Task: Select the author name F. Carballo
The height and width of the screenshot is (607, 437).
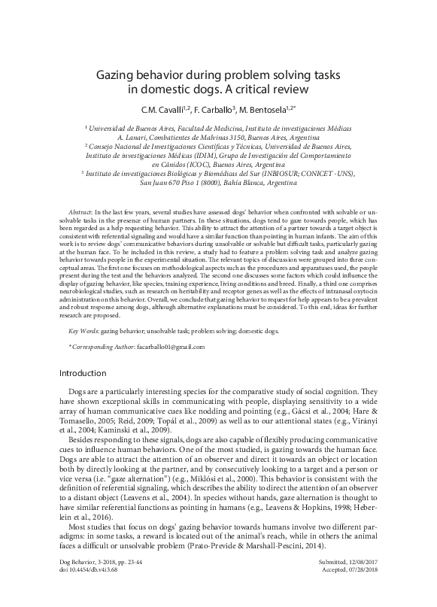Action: (x=211, y=110)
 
